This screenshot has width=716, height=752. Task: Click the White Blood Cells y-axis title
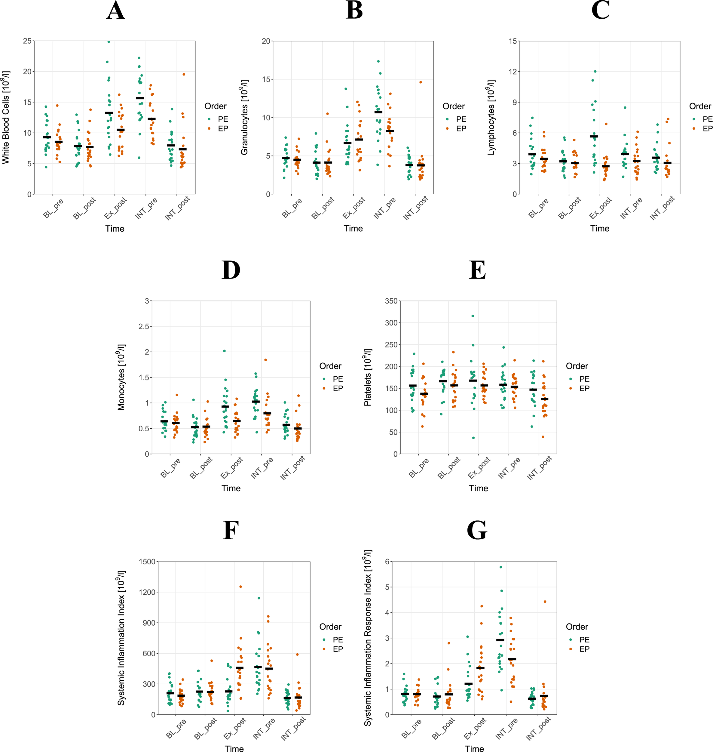point(6,117)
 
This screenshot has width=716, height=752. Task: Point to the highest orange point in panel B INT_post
point(421,82)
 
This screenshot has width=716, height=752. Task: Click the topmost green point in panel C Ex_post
point(595,71)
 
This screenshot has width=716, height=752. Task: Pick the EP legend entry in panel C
point(707,129)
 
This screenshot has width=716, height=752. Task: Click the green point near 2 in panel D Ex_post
point(225,351)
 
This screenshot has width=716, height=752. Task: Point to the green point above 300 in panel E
point(473,316)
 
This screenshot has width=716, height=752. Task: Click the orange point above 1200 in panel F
point(240,587)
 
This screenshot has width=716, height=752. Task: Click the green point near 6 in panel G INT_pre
point(501,567)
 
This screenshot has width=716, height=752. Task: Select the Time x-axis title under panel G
point(474,749)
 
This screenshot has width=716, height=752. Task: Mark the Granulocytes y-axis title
point(244,117)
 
